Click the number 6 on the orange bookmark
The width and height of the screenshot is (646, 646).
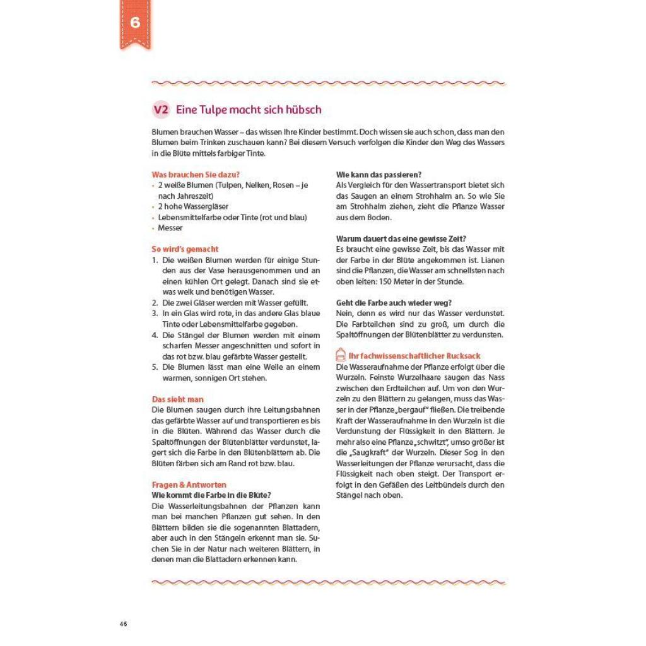click(x=135, y=22)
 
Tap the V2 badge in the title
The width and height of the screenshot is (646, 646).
click(x=161, y=110)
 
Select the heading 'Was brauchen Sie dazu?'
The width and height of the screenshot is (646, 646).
click(x=196, y=174)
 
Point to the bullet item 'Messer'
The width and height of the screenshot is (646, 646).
click(x=170, y=228)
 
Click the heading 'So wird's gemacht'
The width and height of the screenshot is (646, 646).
click(x=185, y=249)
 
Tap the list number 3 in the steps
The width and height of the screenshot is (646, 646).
click(x=155, y=313)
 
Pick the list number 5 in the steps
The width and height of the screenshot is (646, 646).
click(x=155, y=367)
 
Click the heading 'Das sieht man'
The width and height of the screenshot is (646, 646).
click(x=177, y=399)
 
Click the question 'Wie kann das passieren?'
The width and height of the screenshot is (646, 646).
click(x=379, y=174)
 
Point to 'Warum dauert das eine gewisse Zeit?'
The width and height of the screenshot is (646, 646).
click(x=401, y=238)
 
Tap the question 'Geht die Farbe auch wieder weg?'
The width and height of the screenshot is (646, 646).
click(x=394, y=303)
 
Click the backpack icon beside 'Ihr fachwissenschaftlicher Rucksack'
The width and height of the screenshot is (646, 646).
click(x=341, y=356)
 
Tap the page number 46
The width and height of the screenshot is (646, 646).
click(x=123, y=624)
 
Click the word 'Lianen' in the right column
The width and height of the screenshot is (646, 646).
click(x=494, y=260)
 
